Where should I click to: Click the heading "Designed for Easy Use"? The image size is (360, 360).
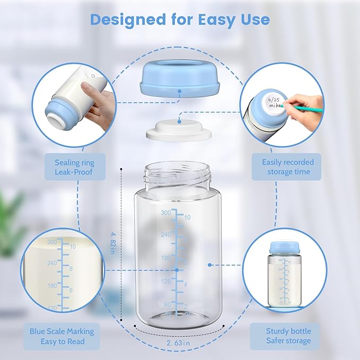click(180, 20)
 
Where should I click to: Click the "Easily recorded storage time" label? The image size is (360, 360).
click(287, 167)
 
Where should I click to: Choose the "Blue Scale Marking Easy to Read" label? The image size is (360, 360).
click(62, 336)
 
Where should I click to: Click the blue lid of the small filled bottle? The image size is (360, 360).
click(285, 248)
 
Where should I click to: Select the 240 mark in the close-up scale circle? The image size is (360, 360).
click(52, 263)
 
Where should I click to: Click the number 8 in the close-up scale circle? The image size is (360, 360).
click(71, 269)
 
